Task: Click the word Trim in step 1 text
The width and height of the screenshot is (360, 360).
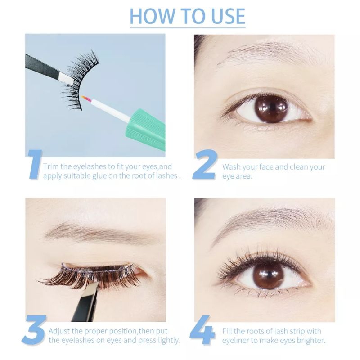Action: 50,167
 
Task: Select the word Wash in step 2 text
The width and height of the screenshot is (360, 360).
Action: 231,167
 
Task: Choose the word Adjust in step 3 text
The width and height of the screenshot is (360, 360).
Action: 59,331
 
